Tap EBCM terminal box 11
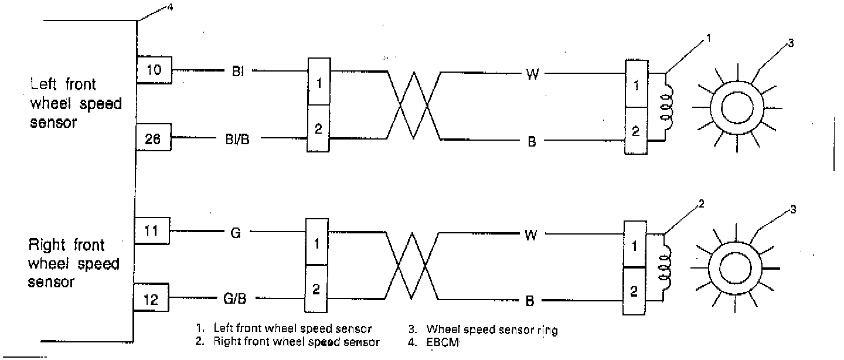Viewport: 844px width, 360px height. pos(151,231)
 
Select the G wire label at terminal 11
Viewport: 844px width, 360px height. pos(236,233)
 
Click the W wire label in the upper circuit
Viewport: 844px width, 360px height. pos(532,74)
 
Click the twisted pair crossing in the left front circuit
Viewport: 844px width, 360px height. pos(414,106)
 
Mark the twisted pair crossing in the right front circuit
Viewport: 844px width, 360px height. pos(413,267)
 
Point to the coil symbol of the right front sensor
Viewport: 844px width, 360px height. pos(664,267)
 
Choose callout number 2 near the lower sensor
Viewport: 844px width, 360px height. pos(701,205)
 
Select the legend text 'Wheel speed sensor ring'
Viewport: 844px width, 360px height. pos(492,330)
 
